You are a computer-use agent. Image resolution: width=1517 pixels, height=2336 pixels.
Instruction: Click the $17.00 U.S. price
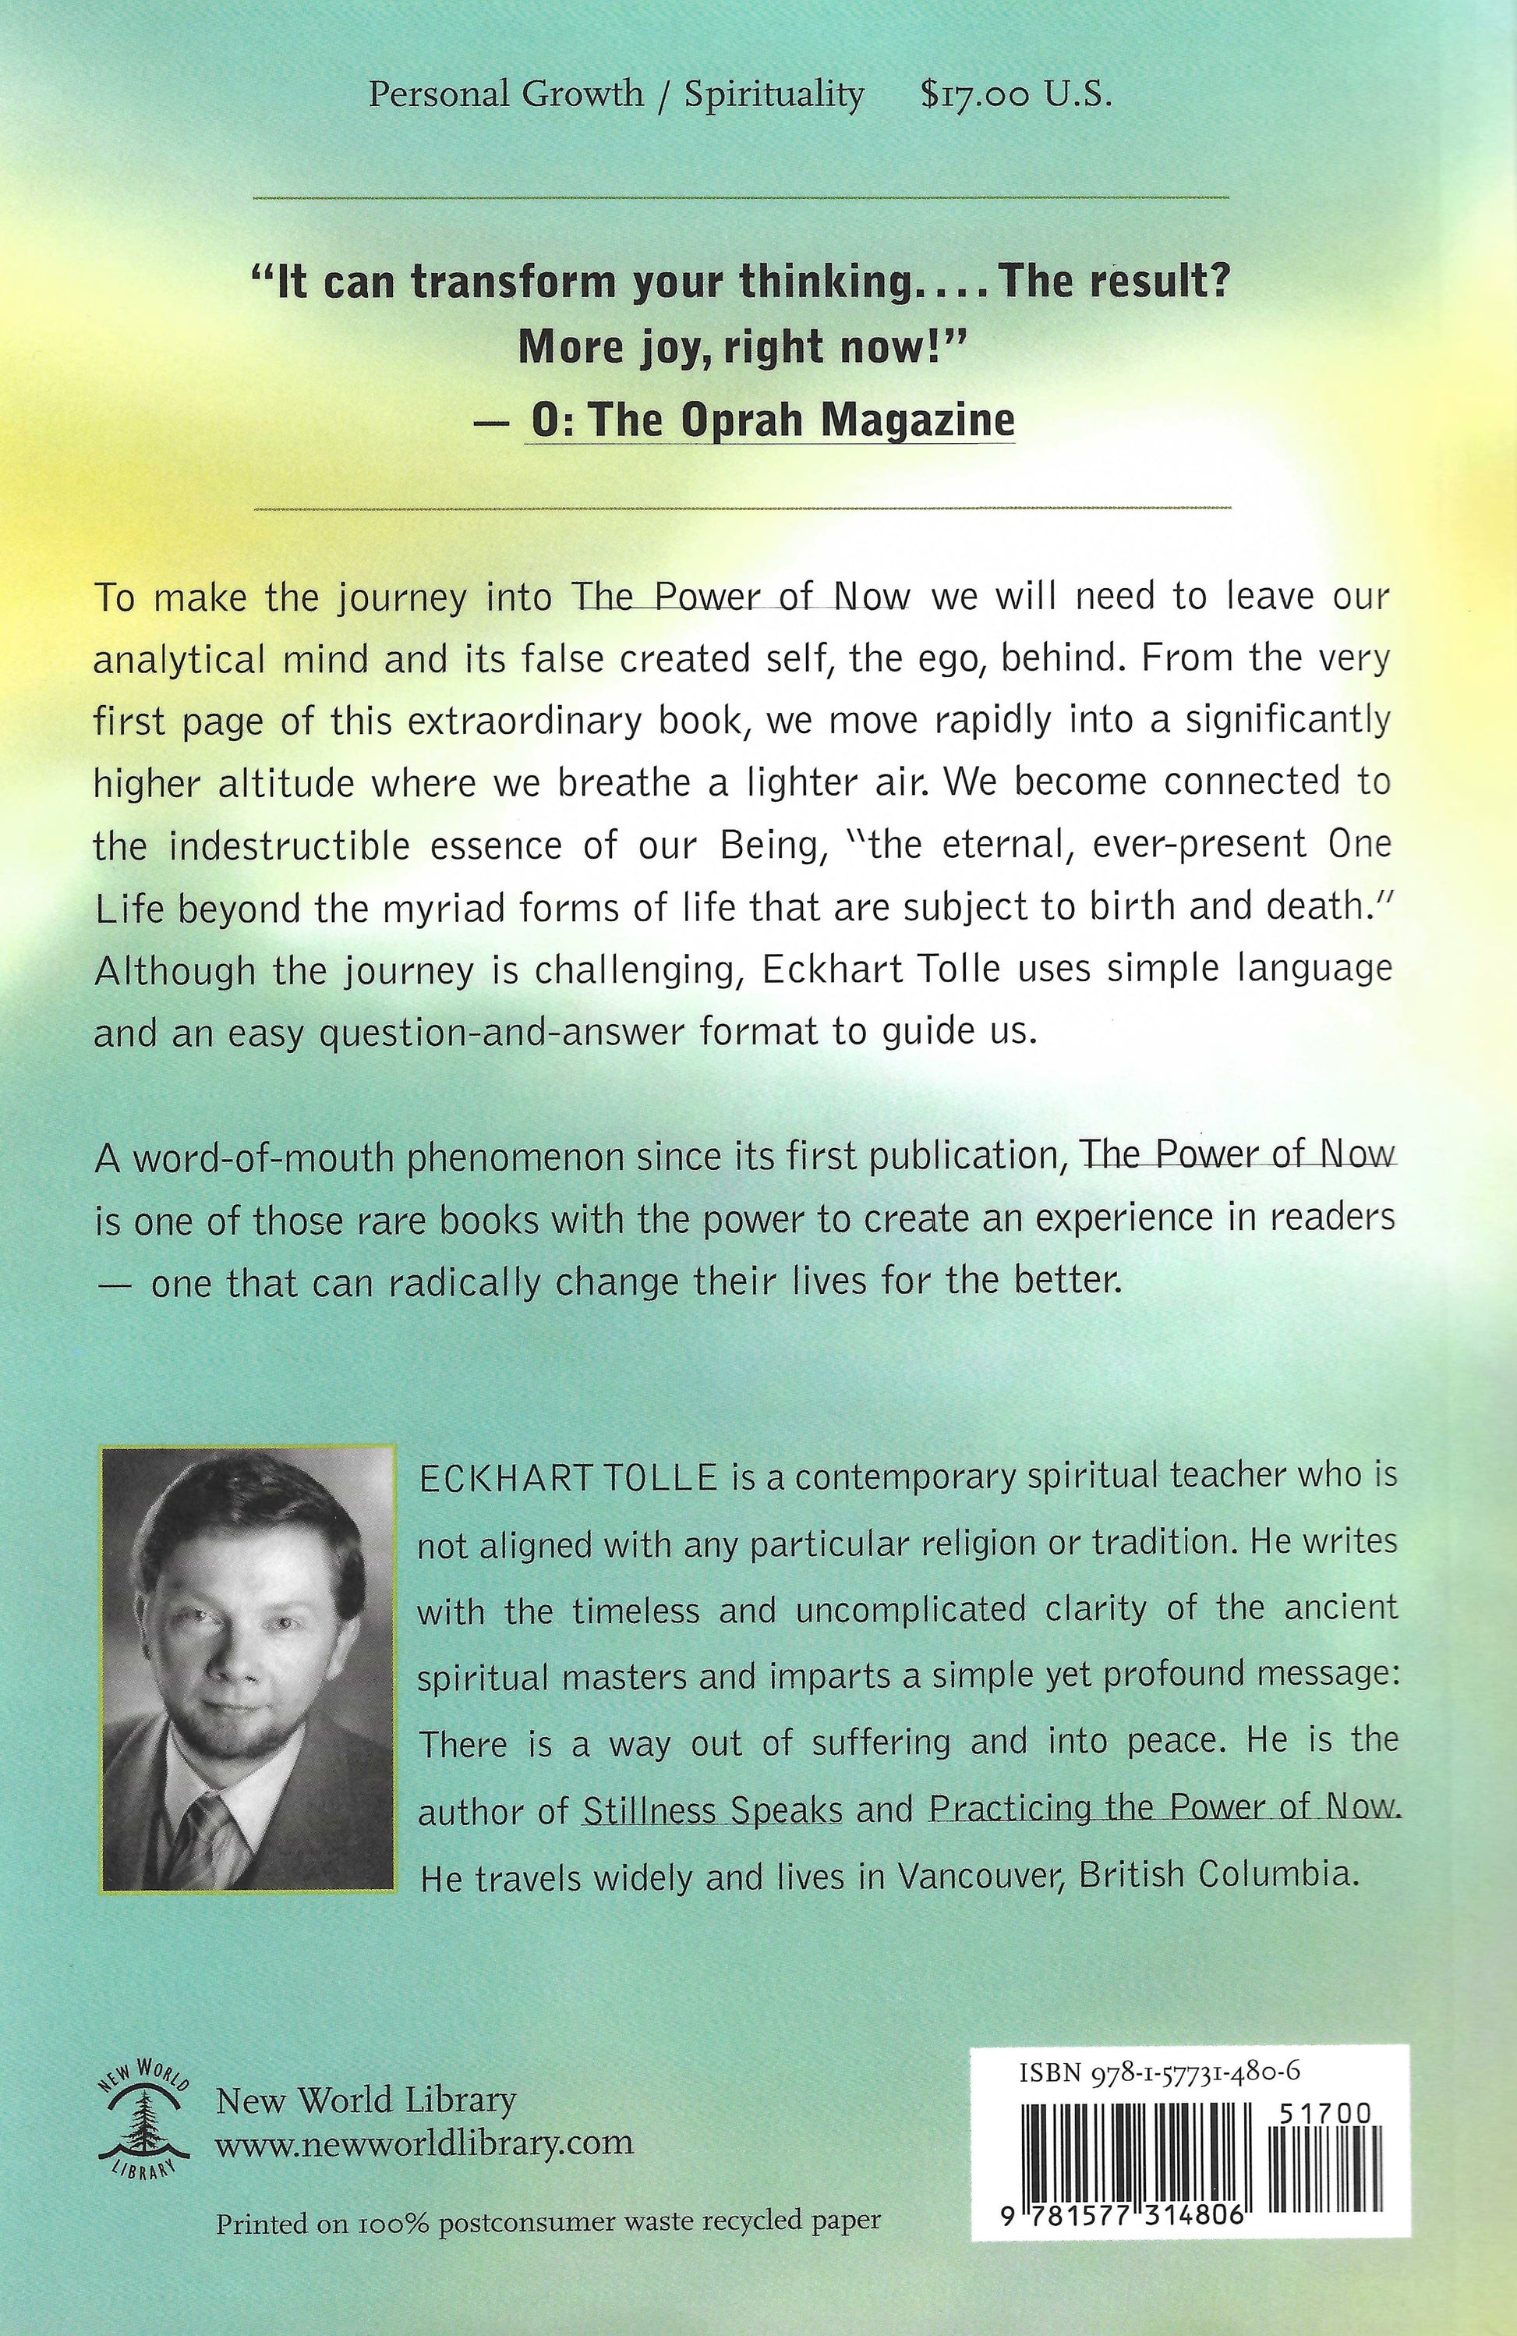(x=1017, y=95)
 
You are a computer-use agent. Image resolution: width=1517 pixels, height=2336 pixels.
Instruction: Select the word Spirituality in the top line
(x=774, y=95)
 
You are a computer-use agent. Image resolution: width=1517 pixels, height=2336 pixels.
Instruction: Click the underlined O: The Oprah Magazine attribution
(x=771, y=420)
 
